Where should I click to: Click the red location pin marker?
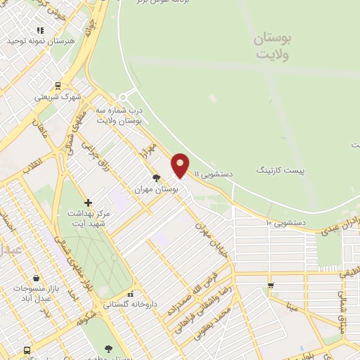click(x=181, y=165)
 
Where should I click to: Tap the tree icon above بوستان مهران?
click(x=155, y=179)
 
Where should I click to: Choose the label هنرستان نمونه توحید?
click(x=40, y=41)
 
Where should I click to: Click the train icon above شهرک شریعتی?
click(x=57, y=86)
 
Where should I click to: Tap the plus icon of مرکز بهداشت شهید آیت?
click(x=88, y=202)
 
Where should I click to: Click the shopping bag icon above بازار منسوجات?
click(x=36, y=278)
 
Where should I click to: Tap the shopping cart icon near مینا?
click(x=271, y=285)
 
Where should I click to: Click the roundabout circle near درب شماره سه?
click(x=124, y=96)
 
